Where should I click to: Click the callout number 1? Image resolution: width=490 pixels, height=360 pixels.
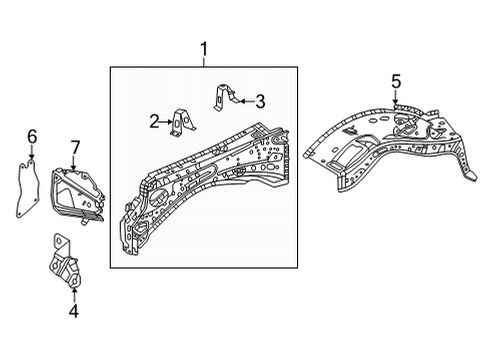pos(204,48)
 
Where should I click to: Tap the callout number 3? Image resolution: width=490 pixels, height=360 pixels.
pos(259,100)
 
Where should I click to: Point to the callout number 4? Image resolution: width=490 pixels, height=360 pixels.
pos(72,310)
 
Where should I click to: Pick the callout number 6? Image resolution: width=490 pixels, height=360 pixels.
pos(31,135)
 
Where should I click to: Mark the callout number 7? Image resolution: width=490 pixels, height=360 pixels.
pos(74,147)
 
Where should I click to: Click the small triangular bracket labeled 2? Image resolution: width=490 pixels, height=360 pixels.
pos(182,121)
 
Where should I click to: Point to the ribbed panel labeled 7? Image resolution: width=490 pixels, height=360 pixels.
pos(75,191)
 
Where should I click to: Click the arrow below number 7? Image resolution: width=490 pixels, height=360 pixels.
pos(73,162)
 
